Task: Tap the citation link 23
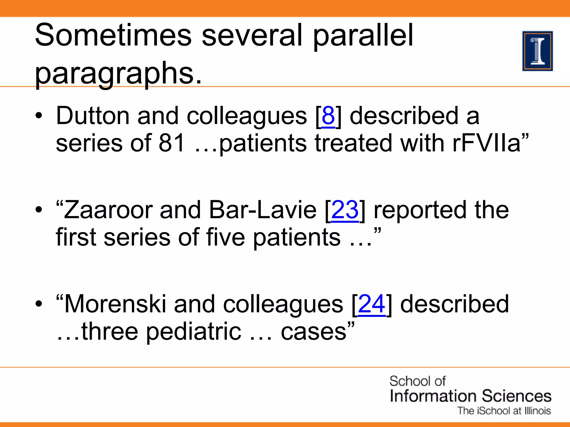click(x=345, y=210)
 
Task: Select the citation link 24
click(x=372, y=304)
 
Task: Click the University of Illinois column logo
click(x=537, y=51)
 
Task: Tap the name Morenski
click(x=115, y=304)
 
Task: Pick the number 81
click(x=172, y=143)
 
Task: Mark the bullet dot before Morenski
click(x=39, y=304)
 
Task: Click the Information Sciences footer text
click(x=470, y=396)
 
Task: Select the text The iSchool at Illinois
click(x=504, y=411)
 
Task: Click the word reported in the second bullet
click(x=420, y=210)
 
